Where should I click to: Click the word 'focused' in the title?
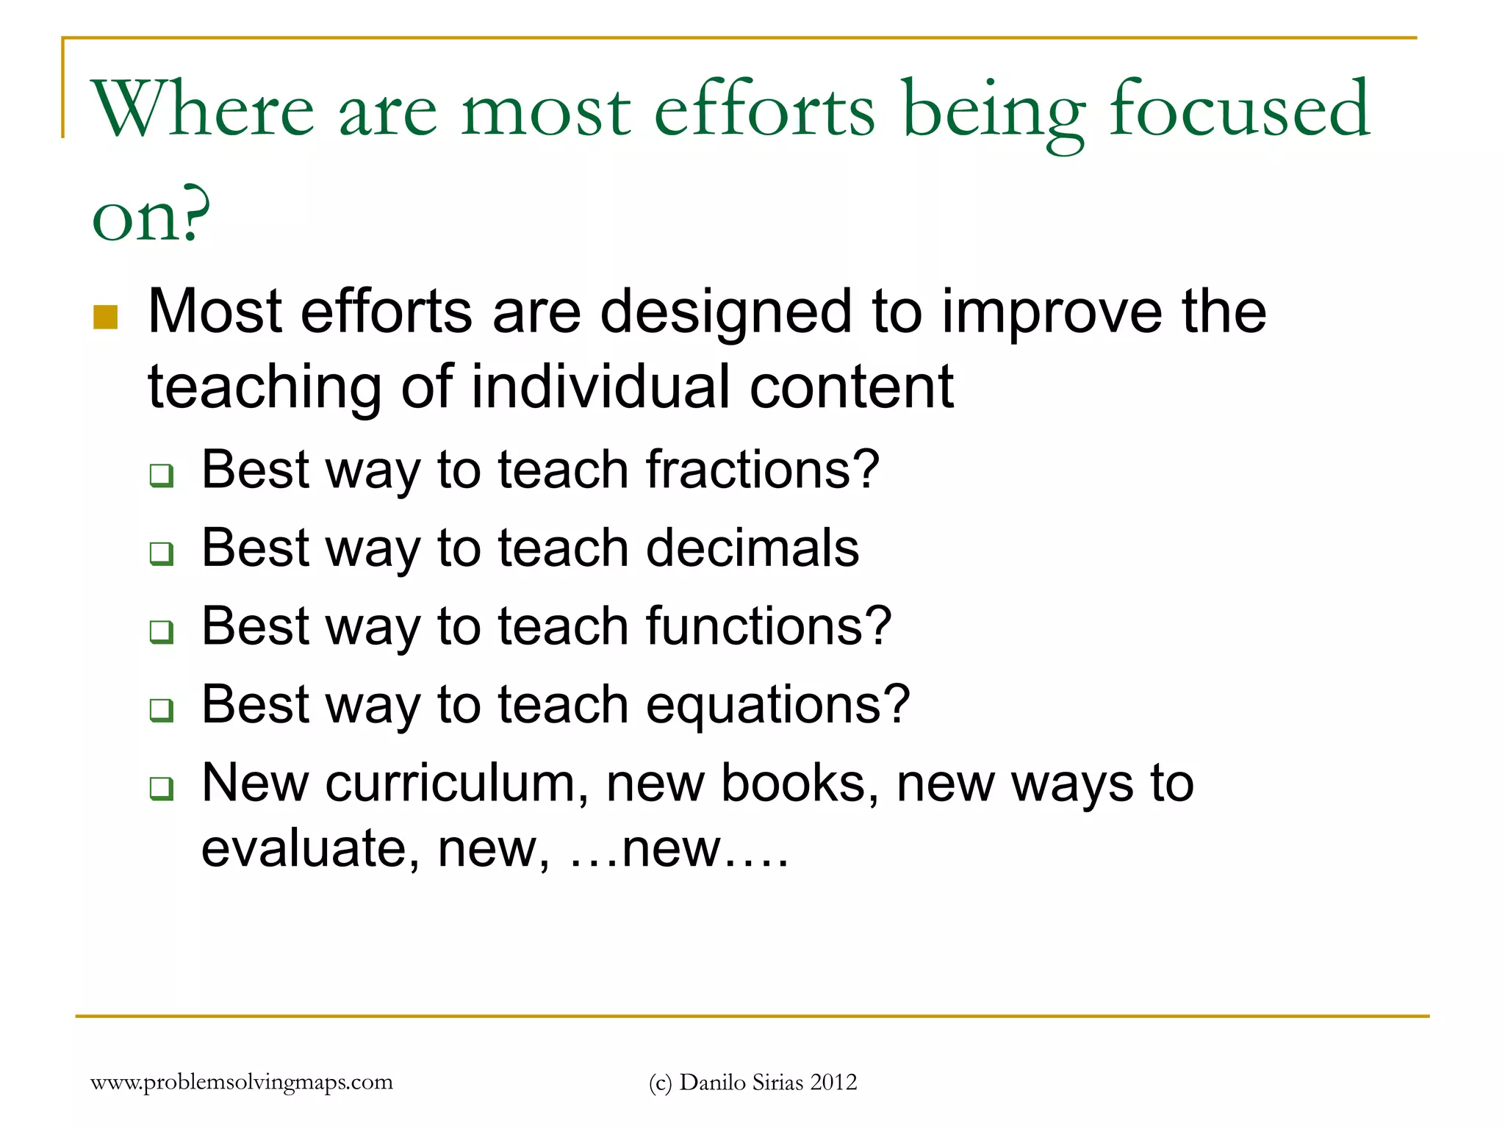[x=1239, y=110]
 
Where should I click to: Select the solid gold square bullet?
[x=106, y=318]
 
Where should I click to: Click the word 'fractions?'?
[x=762, y=470]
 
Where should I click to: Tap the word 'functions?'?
[x=768, y=626]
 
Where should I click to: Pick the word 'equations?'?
[x=777, y=705]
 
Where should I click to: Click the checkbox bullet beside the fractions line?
[x=162, y=476]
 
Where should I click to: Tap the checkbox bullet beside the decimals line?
[x=162, y=553]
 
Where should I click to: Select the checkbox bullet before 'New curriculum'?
[x=162, y=789]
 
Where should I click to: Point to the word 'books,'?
[x=800, y=784]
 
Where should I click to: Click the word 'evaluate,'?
[x=310, y=850]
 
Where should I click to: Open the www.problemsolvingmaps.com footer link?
[x=241, y=1082]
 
